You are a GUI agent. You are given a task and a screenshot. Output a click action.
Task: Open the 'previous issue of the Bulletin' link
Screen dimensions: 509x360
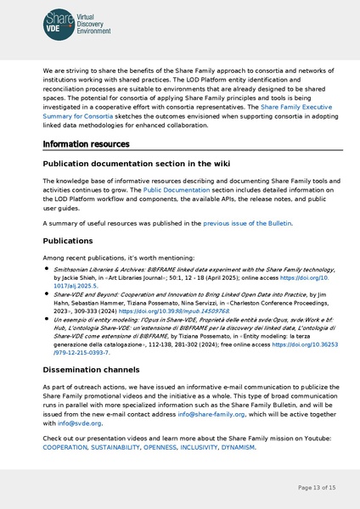[246, 223]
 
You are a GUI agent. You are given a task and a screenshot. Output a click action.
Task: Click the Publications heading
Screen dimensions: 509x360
[74, 241]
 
